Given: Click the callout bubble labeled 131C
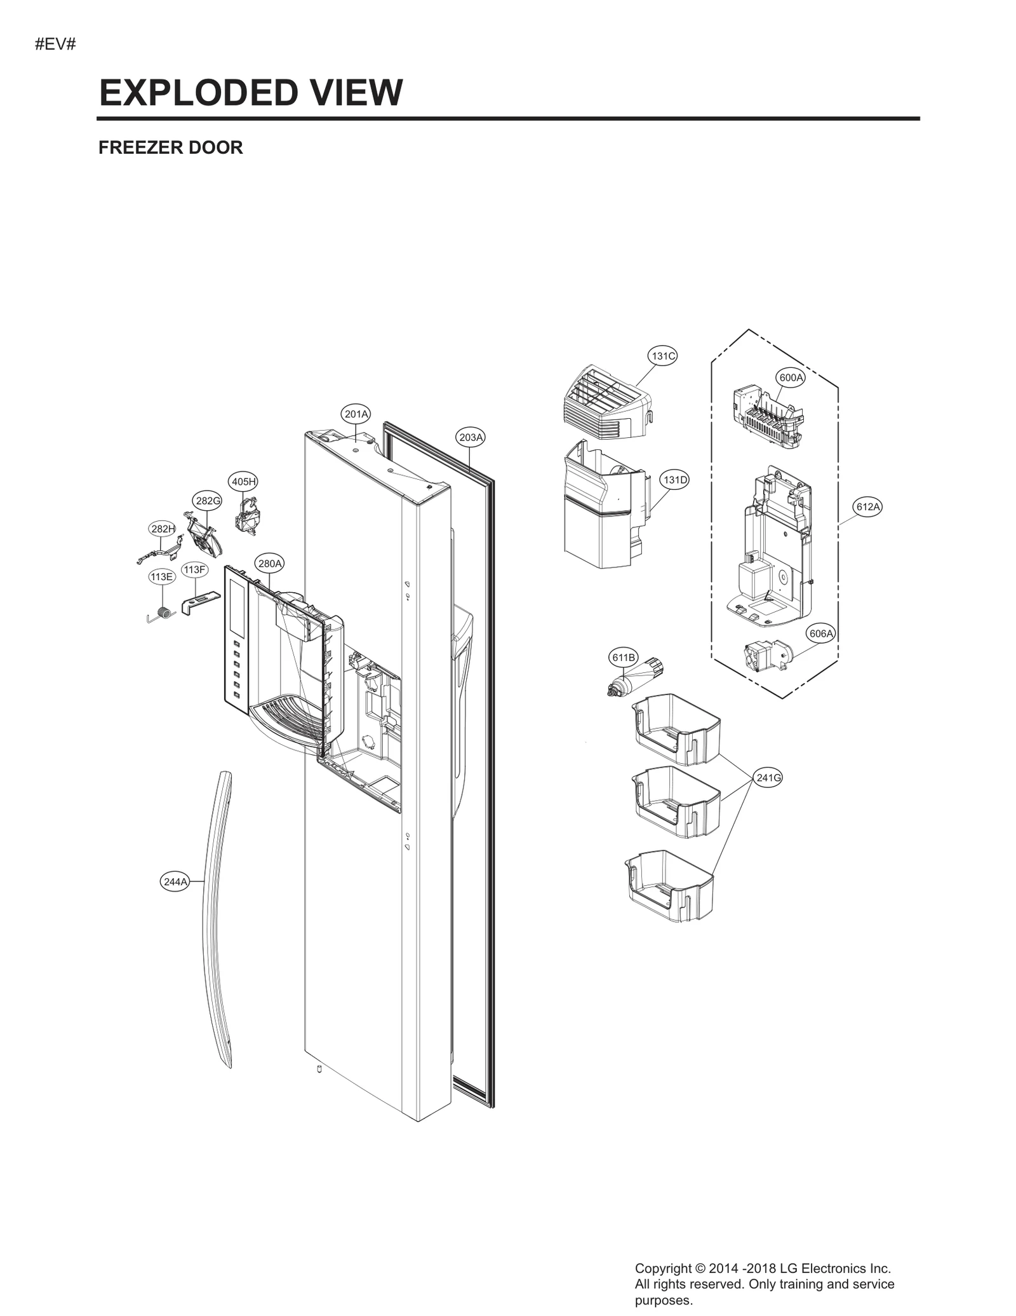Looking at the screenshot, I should tap(662, 356).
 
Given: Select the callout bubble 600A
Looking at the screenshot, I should tap(791, 377).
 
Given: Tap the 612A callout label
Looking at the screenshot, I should tap(868, 506).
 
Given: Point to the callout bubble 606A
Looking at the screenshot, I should tap(820, 634).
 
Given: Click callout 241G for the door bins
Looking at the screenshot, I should tap(768, 777).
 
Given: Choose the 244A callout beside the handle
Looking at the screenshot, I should tap(175, 882).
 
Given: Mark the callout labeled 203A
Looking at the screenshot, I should tap(471, 437).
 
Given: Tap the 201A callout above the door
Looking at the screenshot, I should tap(356, 414).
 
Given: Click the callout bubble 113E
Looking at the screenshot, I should tap(161, 577).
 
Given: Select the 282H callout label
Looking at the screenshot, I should tap(163, 529).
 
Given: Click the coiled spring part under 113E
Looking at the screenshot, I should tap(163, 614).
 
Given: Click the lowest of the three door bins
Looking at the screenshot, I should tap(670, 886).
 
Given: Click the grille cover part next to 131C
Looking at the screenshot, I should tap(606, 405).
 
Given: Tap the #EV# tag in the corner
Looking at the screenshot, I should tap(55, 45).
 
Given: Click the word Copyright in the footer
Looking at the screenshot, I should tap(663, 1268).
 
